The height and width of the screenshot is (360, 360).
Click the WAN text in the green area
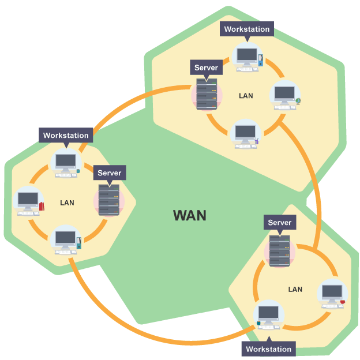click(189, 215)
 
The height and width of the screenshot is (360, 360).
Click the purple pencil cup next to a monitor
click(257, 140)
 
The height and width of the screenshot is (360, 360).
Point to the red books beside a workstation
click(41, 205)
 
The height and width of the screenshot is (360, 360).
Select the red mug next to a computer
click(343, 301)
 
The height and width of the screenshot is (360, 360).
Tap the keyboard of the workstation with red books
click(28, 213)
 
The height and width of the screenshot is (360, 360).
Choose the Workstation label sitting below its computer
click(269, 349)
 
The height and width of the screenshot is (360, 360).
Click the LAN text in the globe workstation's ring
click(246, 95)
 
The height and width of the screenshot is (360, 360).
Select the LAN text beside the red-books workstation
click(67, 203)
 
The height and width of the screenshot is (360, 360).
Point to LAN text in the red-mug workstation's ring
click(295, 289)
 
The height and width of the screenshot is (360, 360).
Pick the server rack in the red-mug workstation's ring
click(280, 250)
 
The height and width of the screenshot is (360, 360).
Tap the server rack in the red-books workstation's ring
click(108, 200)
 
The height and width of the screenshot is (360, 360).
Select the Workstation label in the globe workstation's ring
click(246, 29)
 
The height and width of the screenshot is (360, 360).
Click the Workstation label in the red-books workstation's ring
click(66, 136)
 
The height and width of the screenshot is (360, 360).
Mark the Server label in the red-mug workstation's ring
click(280, 223)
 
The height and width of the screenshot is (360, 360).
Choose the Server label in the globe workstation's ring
click(206, 67)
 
